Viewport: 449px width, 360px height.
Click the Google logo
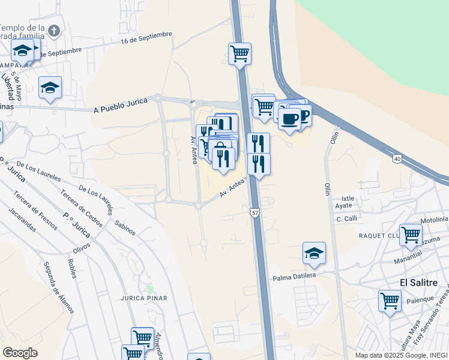point(20,353)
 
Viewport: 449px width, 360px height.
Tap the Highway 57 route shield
point(255,213)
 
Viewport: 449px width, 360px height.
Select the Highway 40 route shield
point(397,158)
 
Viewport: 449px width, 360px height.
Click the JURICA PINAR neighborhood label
point(144,298)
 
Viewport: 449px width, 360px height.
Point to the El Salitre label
point(419,283)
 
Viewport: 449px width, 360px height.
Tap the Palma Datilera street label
point(294,277)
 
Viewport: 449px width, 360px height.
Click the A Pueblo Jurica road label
point(121,106)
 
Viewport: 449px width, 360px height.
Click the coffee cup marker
point(289,118)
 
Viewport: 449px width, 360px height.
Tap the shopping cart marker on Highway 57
point(240,53)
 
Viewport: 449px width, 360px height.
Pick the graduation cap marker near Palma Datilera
point(314,253)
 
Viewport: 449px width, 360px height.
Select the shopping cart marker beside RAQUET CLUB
point(411,235)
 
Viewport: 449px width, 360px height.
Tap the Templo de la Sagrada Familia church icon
point(55,31)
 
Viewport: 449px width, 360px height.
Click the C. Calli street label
point(347,218)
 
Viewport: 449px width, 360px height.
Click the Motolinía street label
point(435,220)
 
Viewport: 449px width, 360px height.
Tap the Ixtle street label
point(348,197)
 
